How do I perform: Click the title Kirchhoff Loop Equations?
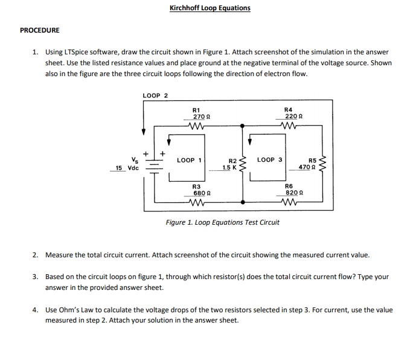[210, 8]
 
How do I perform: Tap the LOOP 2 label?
[155, 95]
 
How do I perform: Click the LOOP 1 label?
[190, 160]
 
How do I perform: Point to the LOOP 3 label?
[269, 160]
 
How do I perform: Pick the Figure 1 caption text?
[223, 222]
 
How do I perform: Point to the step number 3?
[36, 277]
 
